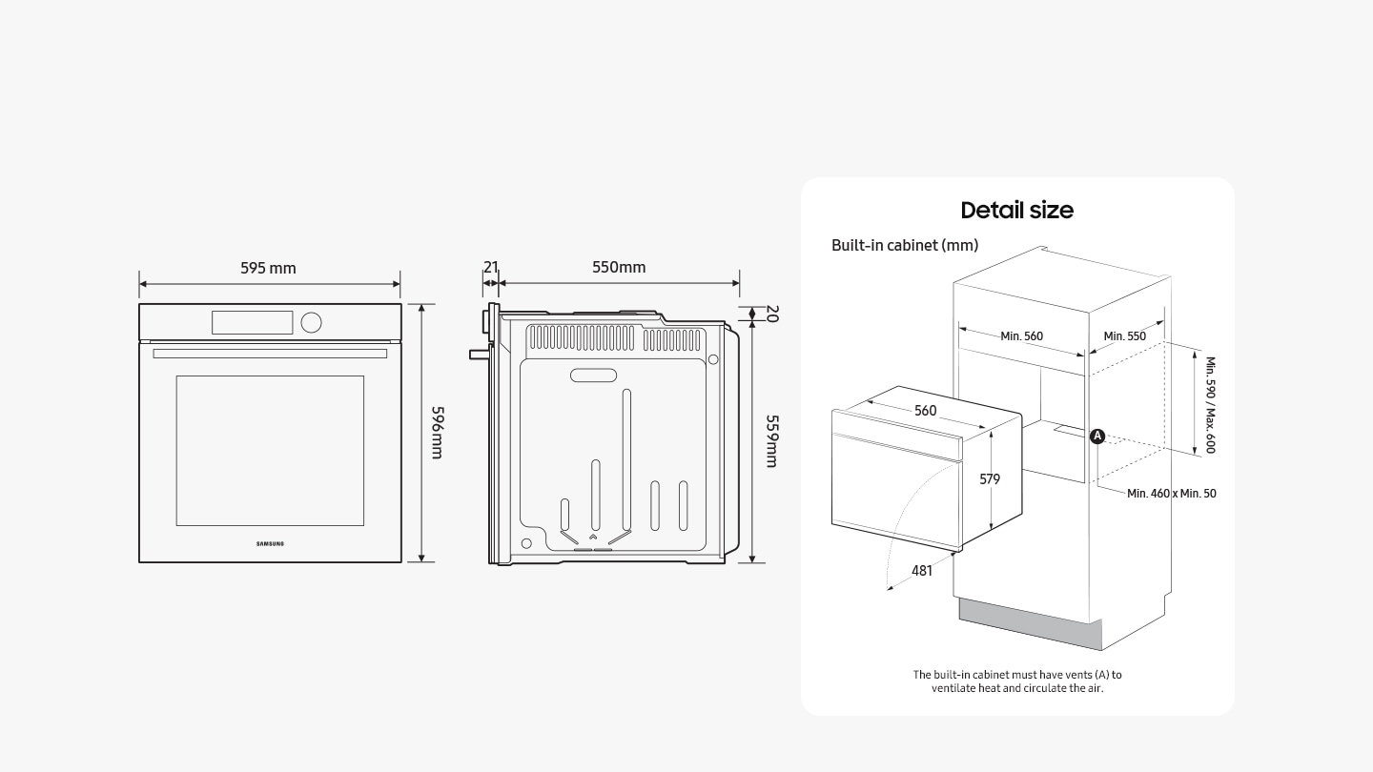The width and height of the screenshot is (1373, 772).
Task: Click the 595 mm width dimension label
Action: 268,268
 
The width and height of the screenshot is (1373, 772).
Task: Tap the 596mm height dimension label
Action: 437,432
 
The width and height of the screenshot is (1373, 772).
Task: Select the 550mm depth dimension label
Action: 619,267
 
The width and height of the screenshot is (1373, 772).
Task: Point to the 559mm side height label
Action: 772,440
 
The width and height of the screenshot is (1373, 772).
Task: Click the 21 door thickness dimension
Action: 490,267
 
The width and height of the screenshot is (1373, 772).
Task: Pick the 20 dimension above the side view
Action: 772,314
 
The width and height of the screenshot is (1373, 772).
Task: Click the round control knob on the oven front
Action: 311,322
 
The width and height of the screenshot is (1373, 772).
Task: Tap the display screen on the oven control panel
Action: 252,322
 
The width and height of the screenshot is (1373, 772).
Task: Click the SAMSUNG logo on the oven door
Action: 270,544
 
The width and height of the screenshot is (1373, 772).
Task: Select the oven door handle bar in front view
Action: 270,354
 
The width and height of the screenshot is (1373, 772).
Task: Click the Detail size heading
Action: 1016,211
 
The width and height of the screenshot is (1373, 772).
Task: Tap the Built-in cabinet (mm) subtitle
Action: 905,245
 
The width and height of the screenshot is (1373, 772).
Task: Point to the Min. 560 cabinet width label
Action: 1021,335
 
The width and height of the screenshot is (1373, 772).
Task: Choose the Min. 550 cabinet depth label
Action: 1124,335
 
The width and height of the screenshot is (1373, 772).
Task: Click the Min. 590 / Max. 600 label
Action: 1210,405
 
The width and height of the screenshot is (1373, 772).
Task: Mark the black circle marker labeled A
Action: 1097,436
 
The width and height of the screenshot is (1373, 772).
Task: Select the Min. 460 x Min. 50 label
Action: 1171,493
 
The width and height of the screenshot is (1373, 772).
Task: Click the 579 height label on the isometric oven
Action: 990,479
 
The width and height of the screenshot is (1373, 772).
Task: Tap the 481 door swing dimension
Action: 922,570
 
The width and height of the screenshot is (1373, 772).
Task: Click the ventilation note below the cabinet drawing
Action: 1016,681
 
